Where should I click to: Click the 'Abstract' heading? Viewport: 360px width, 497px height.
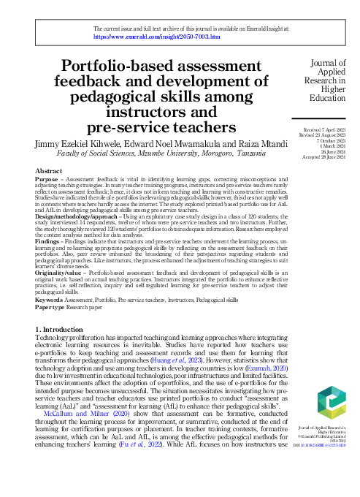point(49,170)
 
